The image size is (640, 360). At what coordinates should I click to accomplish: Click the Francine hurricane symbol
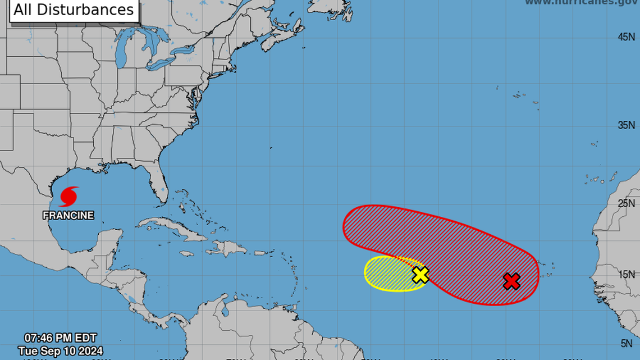tap(68, 197)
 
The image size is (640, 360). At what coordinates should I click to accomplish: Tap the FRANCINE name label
tap(68, 215)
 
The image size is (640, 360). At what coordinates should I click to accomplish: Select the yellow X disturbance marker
tap(420, 275)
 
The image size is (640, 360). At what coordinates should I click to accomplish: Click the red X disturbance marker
tap(511, 281)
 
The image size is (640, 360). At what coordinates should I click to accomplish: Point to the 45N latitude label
tap(626, 37)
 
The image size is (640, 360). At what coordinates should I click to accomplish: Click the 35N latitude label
tap(626, 125)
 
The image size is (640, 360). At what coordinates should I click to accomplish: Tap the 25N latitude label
tap(626, 203)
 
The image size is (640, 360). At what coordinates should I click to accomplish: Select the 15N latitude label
tap(626, 274)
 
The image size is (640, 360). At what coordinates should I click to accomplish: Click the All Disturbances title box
tap(74, 10)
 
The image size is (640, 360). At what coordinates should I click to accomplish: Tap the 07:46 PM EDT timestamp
tap(60, 338)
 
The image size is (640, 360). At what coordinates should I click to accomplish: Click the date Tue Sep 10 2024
tap(60, 351)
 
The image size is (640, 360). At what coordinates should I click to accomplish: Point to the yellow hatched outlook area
tap(387, 274)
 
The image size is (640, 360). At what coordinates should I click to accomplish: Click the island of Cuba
tap(168, 227)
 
